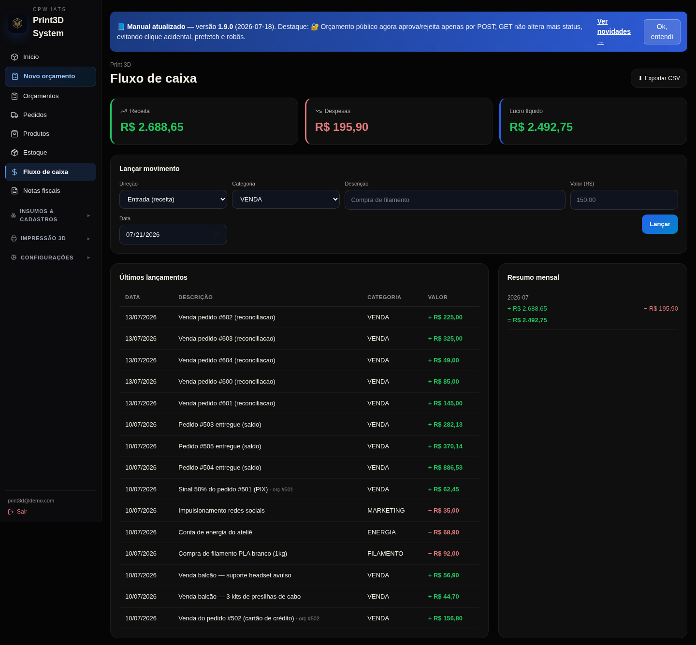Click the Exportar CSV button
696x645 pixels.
[658, 78]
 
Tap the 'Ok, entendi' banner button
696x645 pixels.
[662, 32]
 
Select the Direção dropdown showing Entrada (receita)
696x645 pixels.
[173, 200]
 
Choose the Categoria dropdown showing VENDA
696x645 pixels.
[286, 200]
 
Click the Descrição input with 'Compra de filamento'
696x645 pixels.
[454, 200]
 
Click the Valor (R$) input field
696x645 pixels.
[624, 200]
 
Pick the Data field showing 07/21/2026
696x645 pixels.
[173, 234]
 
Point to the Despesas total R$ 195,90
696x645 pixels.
[341, 127]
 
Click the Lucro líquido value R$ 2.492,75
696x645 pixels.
[541, 127]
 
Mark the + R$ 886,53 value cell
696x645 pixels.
[445, 467]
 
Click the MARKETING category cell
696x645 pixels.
[386, 511]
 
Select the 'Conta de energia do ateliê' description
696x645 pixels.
[215, 532]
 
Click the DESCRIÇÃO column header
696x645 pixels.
[195, 297]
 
